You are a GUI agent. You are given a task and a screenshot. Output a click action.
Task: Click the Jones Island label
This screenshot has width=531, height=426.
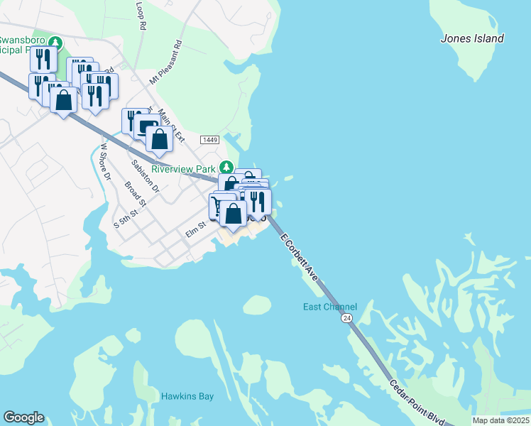[472, 38]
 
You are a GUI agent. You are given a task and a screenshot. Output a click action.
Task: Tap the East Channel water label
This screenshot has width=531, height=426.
[329, 307]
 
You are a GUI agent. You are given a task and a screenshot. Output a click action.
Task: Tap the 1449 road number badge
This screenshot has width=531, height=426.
[209, 140]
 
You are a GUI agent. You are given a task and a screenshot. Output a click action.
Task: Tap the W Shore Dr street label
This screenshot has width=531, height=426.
[106, 162]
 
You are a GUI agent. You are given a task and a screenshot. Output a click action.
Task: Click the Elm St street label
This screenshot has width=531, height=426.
[195, 228]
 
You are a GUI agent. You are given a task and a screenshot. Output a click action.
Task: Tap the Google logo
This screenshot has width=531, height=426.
[23, 417]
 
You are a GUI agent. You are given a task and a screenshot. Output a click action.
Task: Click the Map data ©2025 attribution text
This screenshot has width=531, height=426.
[500, 420]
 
